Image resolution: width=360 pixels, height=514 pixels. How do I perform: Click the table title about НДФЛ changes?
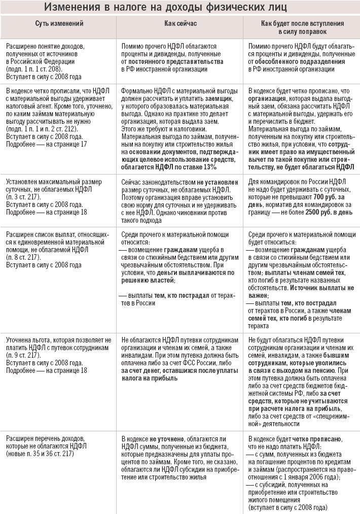(x=179, y=7)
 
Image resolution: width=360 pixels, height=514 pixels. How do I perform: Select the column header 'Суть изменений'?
(x=59, y=24)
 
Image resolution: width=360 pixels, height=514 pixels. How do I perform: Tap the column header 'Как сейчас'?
(x=181, y=24)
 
